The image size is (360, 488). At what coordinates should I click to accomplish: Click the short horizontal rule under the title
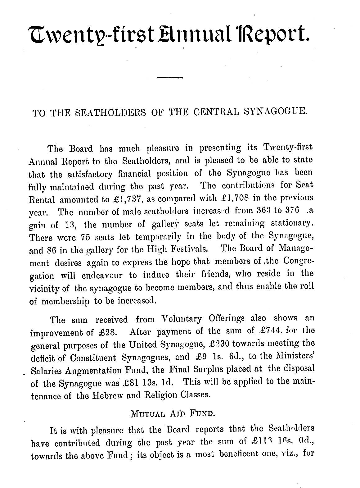[170, 77]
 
